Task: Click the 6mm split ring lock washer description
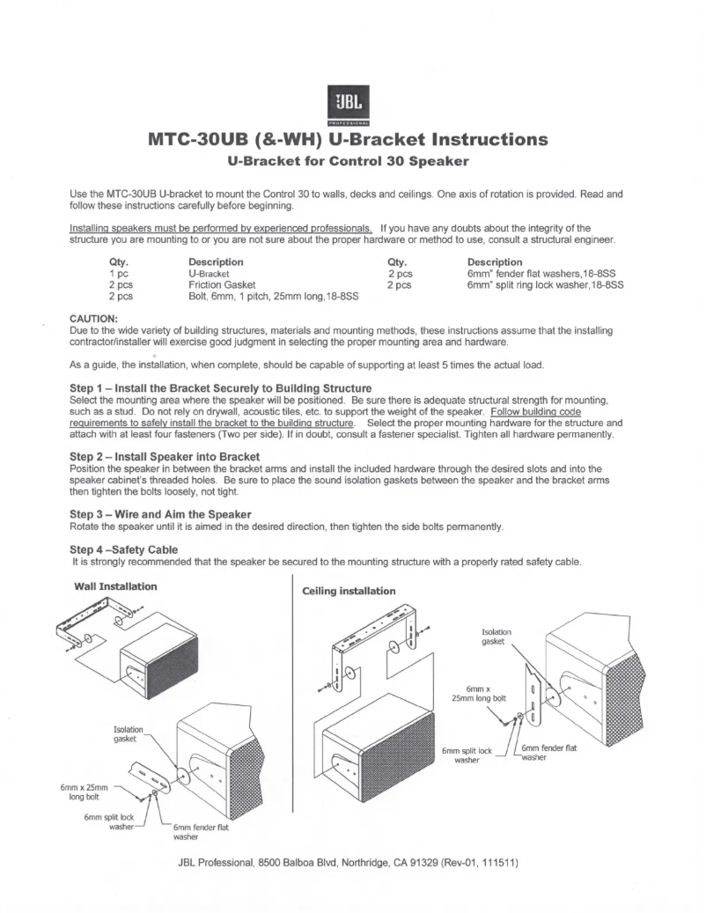545,285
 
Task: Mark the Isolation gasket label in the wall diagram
129,734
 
